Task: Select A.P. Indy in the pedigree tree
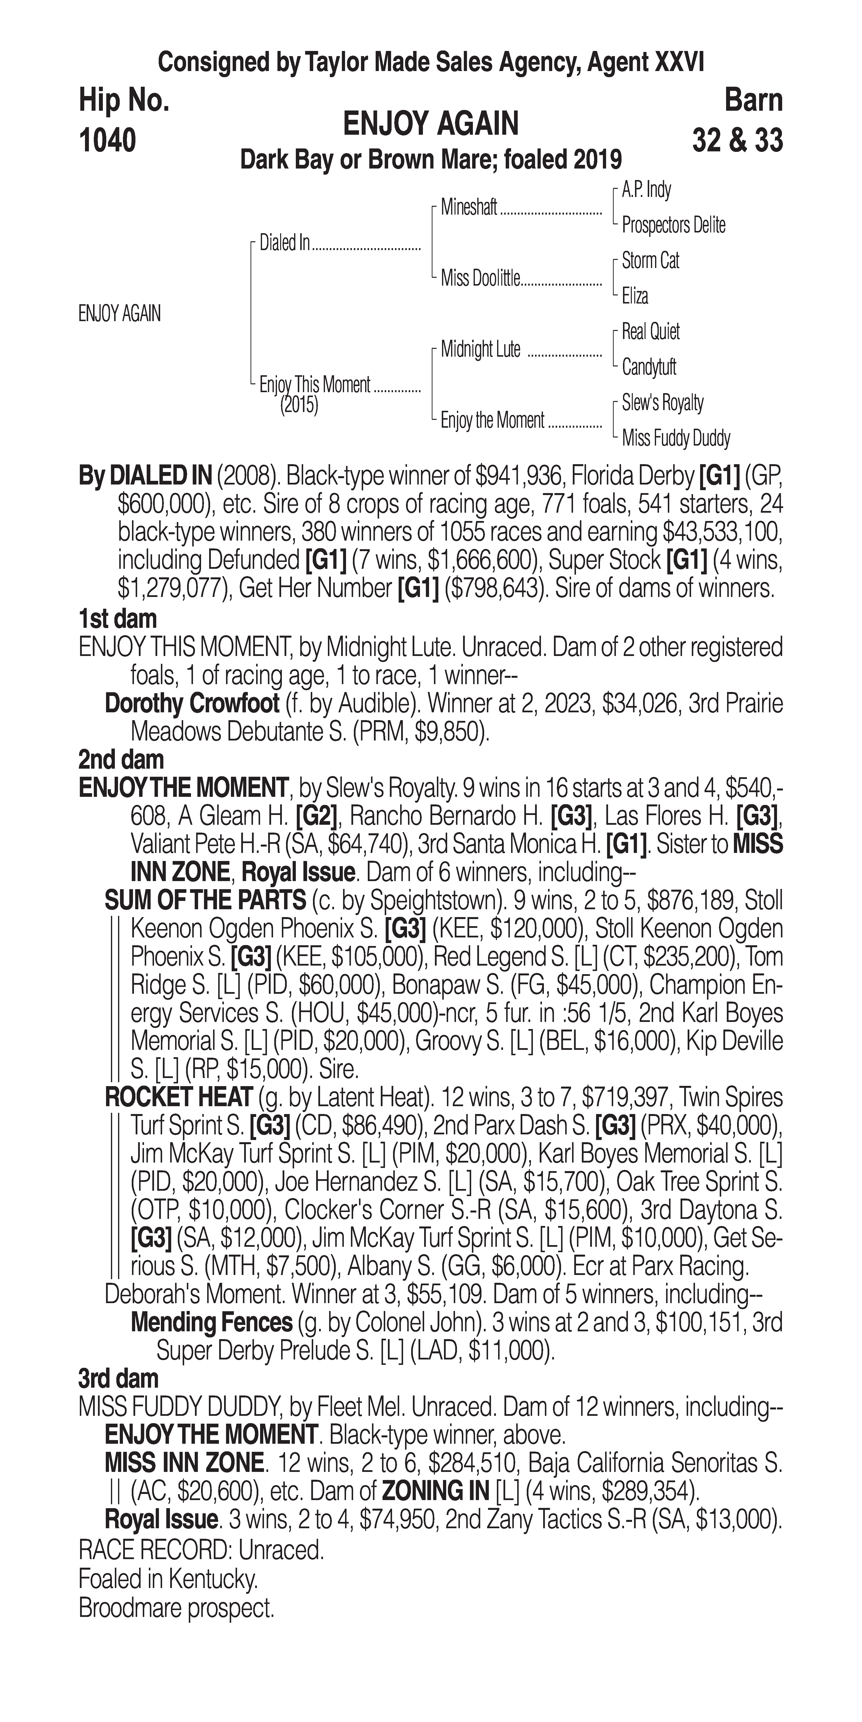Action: (x=646, y=190)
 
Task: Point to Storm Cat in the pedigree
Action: (x=650, y=261)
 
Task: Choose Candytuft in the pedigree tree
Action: (x=649, y=367)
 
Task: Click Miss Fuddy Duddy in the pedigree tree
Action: (x=676, y=438)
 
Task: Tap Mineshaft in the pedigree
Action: (x=469, y=208)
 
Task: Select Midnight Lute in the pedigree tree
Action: (x=480, y=350)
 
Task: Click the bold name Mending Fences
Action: (x=212, y=1322)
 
